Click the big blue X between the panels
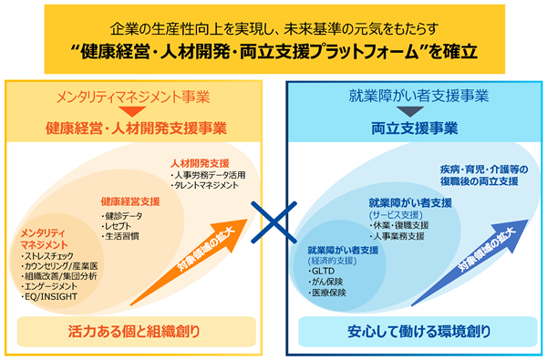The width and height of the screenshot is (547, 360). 273,222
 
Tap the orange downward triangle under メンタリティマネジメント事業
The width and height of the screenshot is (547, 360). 132,111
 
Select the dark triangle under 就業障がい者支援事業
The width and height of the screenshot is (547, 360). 410,111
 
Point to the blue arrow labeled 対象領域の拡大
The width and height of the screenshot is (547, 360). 470,263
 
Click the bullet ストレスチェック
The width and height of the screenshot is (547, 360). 47,256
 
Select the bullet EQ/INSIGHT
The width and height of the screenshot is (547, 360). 49,297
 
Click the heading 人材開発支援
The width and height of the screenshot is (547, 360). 200,163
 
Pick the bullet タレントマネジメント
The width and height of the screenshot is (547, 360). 204,186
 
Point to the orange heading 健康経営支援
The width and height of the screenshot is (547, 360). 130,201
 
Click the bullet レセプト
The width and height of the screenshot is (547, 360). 116,226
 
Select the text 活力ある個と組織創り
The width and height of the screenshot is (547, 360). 134,332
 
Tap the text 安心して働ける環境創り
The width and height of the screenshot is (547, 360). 419,332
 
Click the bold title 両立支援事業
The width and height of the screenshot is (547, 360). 415,129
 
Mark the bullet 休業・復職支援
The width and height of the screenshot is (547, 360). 399,225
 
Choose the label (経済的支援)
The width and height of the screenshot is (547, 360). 332,261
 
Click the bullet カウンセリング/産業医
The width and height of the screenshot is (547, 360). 59,266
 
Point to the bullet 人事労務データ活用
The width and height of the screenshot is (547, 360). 208,175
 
